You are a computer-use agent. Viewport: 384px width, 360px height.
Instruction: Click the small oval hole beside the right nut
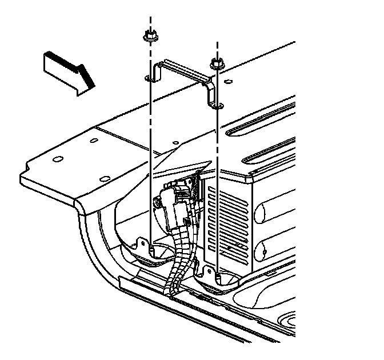[x=229, y=82]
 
